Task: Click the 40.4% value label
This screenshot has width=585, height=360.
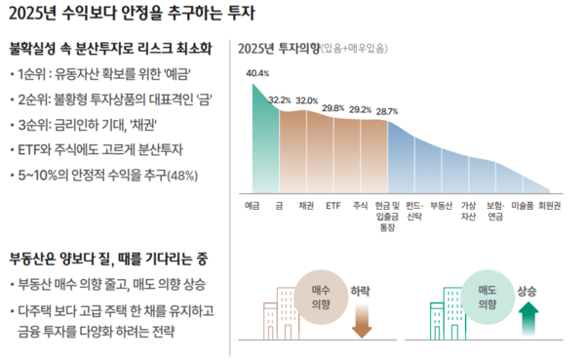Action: click(x=257, y=73)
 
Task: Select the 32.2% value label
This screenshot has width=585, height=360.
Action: click(x=279, y=100)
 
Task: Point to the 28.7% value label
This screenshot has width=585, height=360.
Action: click(x=387, y=111)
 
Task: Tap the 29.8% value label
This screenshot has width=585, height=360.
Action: click(x=332, y=107)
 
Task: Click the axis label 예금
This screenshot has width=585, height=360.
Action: click(x=253, y=206)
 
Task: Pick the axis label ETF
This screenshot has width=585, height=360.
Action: click(x=332, y=206)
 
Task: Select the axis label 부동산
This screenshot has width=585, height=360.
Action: click(x=441, y=206)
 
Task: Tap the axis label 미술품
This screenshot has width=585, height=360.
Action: click(x=523, y=206)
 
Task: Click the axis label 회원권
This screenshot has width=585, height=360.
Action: click(x=551, y=206)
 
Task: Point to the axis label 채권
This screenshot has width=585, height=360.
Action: click(x=306, y=206)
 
